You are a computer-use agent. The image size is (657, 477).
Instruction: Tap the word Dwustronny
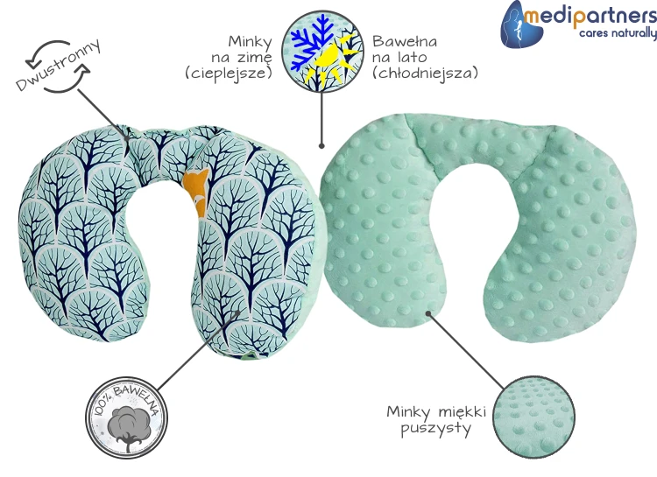(58, 65)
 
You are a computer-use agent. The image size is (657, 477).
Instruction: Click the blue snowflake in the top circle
(309, 42)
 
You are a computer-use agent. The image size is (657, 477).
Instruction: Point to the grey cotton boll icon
(126, 423)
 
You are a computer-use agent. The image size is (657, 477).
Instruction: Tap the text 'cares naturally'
(618, 33)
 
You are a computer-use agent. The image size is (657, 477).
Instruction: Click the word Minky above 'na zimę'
(251, 42)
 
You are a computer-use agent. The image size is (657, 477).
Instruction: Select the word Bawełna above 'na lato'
(405, 41)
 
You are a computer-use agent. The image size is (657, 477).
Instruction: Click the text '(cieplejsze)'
(229, 73)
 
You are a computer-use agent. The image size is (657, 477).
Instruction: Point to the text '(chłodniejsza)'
(425, 73)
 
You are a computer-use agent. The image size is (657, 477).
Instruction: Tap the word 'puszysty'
(435, 429)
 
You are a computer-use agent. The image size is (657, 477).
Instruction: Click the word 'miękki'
(463, 411)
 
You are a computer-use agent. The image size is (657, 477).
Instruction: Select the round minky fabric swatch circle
(533, 417)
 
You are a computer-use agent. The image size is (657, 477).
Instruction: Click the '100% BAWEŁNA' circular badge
(126, 417)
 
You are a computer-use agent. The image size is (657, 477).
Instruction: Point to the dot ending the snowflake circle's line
(321, 146)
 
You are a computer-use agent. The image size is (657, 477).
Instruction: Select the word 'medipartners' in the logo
(590, 16)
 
